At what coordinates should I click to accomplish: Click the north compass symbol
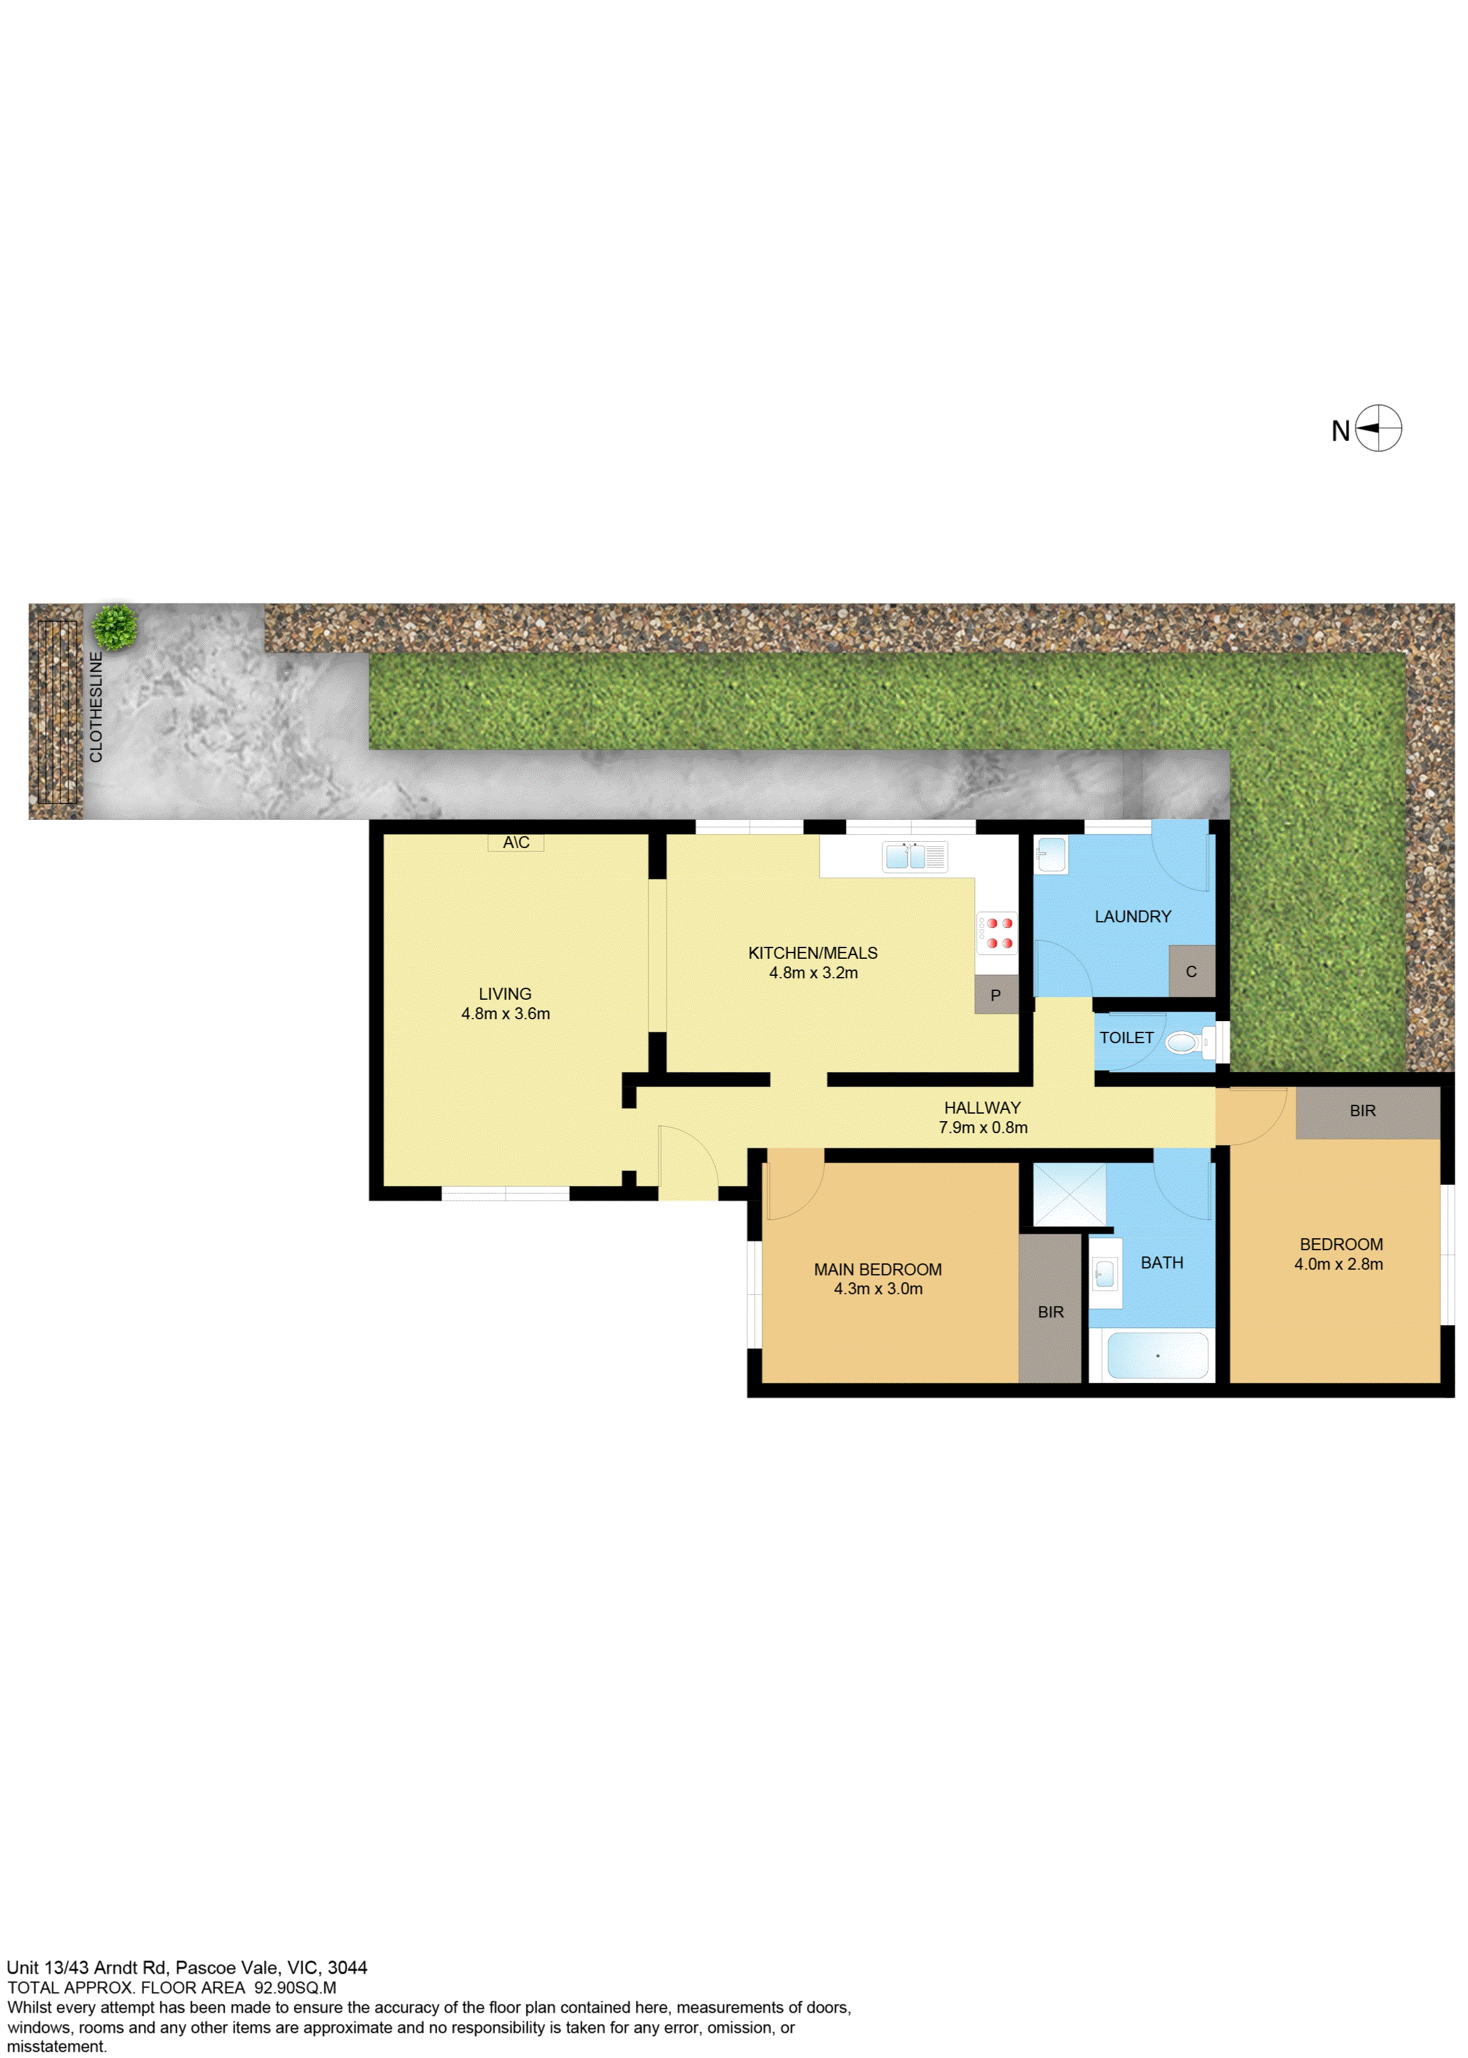[1377, 428]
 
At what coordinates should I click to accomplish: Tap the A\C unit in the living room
[516, 842]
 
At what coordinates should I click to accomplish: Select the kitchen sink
[915, 856]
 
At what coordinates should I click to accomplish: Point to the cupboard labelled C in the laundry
[1191, 971]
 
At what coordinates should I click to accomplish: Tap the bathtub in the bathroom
[1157, 1355]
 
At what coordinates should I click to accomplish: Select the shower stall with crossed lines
[1069, 1194]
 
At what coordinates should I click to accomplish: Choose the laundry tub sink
[1050, 854]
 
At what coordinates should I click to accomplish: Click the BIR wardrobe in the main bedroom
[1050, 1307]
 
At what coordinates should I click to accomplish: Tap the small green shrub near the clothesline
[115, 627]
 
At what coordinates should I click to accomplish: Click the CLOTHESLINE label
[96, 707]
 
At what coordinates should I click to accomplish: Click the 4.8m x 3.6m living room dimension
[505, 1014]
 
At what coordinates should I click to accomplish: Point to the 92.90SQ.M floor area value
[296, 1988]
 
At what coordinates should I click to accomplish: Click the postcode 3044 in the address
[347, 1967]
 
